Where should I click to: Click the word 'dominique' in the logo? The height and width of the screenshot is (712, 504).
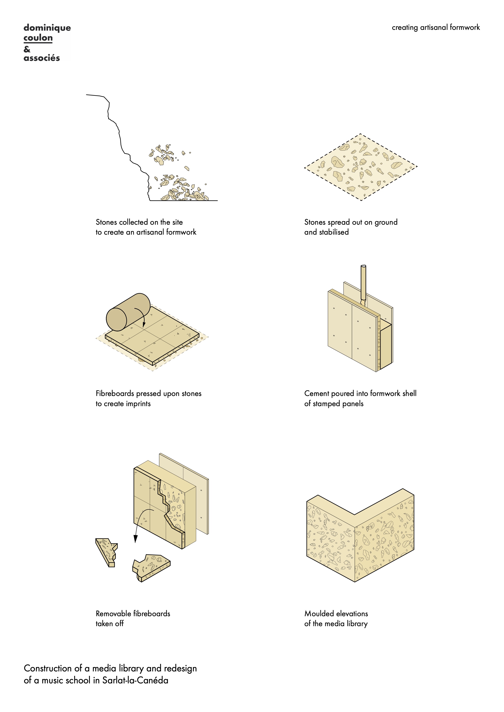[47, 28]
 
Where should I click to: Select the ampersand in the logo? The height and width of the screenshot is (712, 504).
[27, 49]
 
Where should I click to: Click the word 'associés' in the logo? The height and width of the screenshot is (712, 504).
[42, 58]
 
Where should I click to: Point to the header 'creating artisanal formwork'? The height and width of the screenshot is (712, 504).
[436, 28]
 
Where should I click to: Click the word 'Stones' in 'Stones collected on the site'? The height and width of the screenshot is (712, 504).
[106, 222]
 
